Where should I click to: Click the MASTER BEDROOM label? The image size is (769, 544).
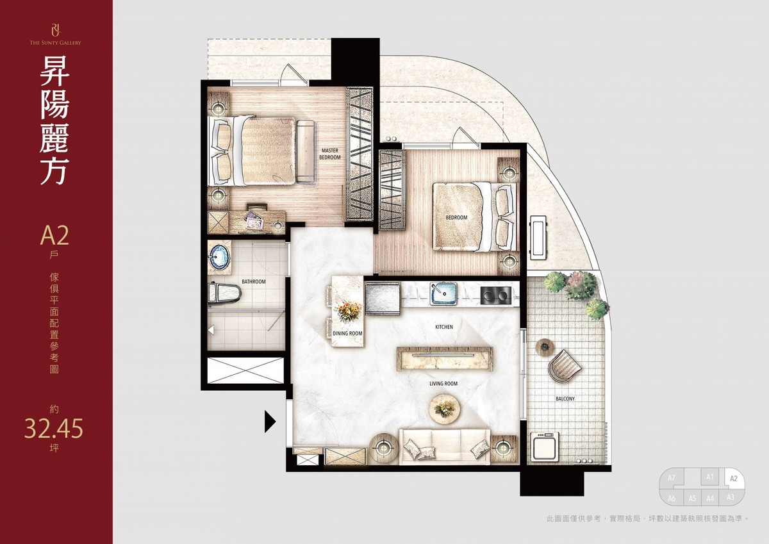pyautogui.click(x=330, y=154)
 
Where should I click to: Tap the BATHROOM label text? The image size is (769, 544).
pyautogui.click(x=254, y=282)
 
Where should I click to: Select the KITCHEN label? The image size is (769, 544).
pyautogui.click(x=444, y=327)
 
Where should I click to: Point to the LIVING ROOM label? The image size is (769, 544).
pyautogui.click(x=443, y=383)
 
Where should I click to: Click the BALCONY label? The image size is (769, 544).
pyautogui.click(x=565, y=399)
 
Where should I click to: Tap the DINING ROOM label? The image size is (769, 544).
pyautogui.click(x=347, y=333)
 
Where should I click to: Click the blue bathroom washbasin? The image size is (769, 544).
pyautogui.click(x=219, y=257)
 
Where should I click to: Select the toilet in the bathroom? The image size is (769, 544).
pyautogui.click(x=224, y=293)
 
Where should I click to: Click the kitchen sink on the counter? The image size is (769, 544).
pyautogui.click(x=443, y=294)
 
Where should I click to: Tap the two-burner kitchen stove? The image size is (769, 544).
pyautogui.click(x=496, y=295)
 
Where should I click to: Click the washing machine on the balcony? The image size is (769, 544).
pyautogui.click(x=545, y=446)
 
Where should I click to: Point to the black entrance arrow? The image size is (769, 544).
pyautogui.click(x=270, y=421)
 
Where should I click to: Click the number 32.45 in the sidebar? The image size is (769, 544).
pyautogui.click(x=54, y=429)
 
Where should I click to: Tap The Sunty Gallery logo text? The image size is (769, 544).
pyautogui.click(x=55, y=42)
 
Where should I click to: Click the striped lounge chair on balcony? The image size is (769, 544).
pyautogui.click(x=564, y=365)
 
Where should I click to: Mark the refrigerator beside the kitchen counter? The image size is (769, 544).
pyautogui.click(x=383, y=298)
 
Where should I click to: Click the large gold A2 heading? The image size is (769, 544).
pyautogui.click(x=54, y=235)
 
